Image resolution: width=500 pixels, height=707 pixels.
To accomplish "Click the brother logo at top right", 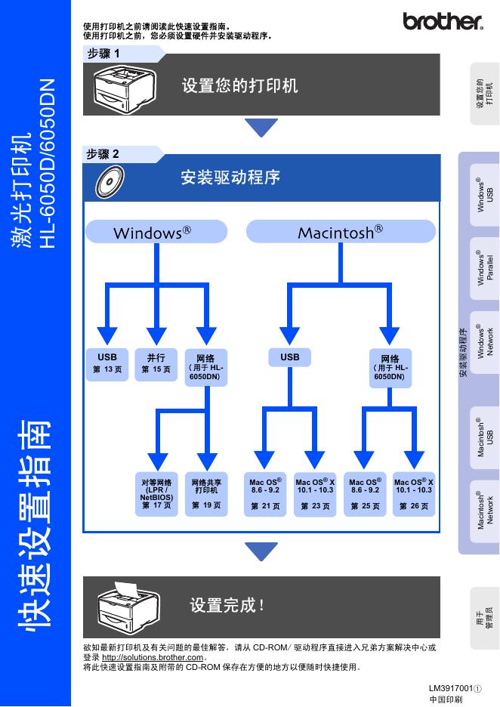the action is coord(442,21).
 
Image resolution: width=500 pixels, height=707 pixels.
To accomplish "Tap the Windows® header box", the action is coord(156,232).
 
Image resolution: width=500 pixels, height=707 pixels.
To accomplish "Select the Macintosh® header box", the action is coord(341,232).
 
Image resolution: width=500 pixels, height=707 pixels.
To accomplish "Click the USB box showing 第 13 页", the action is coord(107,363).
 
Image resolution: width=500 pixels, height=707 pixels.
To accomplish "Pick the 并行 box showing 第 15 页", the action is coord(156,363).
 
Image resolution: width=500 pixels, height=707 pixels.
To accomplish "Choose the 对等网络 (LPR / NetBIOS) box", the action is coord(156,494).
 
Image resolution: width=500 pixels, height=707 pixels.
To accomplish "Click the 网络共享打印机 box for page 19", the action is coord(206,494).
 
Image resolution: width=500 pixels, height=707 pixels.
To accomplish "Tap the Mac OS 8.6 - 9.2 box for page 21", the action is coord(265,494).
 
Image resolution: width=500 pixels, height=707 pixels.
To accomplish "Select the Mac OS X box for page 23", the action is coord(315,494).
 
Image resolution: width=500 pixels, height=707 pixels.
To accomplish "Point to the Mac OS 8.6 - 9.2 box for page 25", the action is coord(365,494).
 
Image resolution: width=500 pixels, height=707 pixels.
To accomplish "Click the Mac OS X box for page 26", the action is coord(414,494).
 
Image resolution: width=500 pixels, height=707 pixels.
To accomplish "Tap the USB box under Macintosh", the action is coord(289,357).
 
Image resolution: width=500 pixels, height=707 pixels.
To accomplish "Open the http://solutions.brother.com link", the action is coord(153,657).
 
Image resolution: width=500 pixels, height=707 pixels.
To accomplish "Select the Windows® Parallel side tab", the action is coord(484,268).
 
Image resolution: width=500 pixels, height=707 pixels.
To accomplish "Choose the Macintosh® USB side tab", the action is coord(484,437).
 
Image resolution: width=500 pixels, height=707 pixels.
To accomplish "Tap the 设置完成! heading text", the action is coord(227,605).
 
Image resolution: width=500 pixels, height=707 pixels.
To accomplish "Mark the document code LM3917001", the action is coord(451,689).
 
